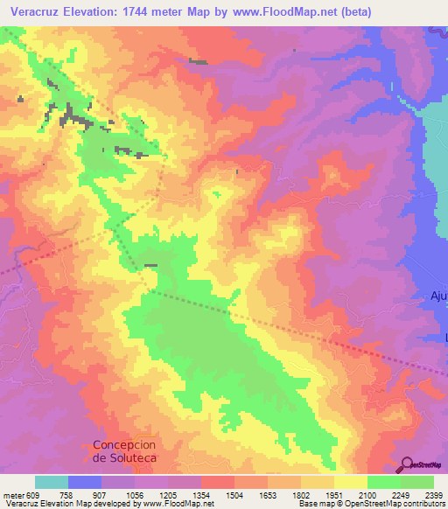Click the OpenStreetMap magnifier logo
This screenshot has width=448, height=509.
pos(409,464)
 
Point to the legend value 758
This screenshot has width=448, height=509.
pos(67,494)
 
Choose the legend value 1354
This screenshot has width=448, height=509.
pos(201,494)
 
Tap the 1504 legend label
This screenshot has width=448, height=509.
pos(234,494)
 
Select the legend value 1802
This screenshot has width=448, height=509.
pos(301,494)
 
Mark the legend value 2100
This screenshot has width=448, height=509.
pos(367,494)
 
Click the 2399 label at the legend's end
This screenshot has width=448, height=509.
pos(433,494)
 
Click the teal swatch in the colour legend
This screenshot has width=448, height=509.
pos(52,482)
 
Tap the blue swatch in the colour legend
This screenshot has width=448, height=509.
pos(85,482)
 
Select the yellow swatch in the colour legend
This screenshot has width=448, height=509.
pos(350,482)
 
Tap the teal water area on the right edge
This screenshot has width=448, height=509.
pos(436,149)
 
